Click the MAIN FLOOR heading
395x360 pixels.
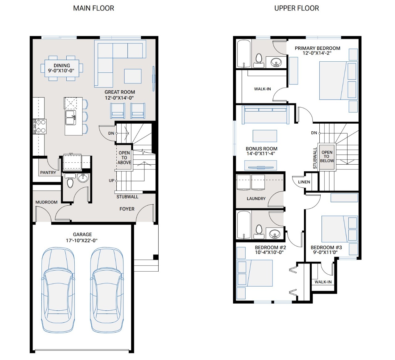(94, 8)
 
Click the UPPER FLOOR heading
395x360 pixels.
(297, 8)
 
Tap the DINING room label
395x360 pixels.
(62, 65)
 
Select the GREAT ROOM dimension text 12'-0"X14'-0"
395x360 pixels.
(119, 98)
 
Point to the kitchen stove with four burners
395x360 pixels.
(39, 126)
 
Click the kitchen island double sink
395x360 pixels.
(70, 118)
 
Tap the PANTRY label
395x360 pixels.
(48, 173)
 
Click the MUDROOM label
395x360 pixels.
(46, 202)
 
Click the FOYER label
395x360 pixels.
(127, 209)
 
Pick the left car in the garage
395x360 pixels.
(58, 290)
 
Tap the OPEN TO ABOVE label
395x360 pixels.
(124, 157)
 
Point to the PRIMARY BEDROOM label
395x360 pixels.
(317, 48)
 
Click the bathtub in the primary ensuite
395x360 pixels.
(244, 54)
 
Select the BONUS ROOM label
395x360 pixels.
(261, 149)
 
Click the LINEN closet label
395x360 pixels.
(304, 182)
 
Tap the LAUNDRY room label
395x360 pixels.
(256, 198)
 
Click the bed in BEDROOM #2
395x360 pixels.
(255, 273)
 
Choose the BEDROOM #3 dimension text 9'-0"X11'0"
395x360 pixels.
(325, 252)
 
